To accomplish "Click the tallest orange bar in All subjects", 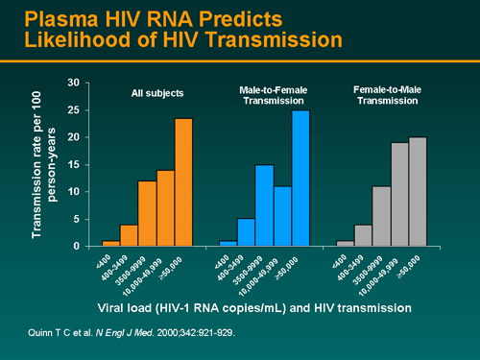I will tap(183, 182).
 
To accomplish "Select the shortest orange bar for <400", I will tap(110, 242).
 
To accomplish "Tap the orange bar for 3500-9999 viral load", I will tap(147, 213).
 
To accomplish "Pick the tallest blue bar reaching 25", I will tap(300, 178).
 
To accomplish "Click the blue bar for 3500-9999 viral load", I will tap(264, 205).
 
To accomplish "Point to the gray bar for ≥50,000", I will tap(419, 191).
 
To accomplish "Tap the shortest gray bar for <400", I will tap(346, 242).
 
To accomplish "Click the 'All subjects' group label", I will tap(157, 93).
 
